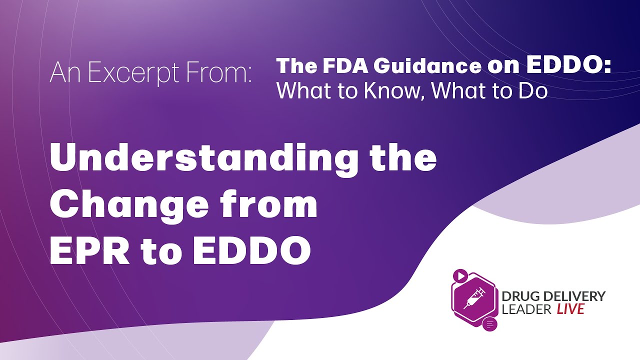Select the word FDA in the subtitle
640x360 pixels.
(340, 66)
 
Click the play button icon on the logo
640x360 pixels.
(460, 275)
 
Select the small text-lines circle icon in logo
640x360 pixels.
(489, 324)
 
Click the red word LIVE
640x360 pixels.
(570, 309)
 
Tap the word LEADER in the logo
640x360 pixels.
(527, 309)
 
